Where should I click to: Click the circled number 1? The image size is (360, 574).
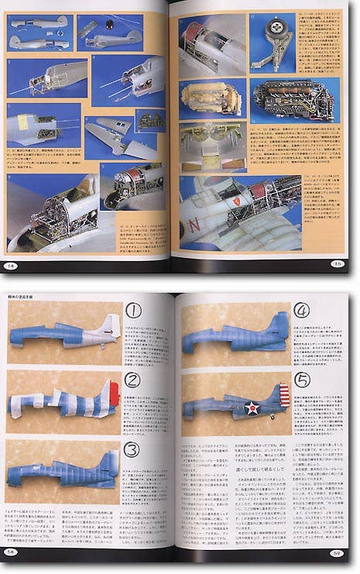(133, 311)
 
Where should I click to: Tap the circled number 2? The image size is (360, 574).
(133, 380)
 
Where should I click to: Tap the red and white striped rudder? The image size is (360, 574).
(283, 395)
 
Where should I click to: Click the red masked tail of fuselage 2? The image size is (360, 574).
(111, 394)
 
